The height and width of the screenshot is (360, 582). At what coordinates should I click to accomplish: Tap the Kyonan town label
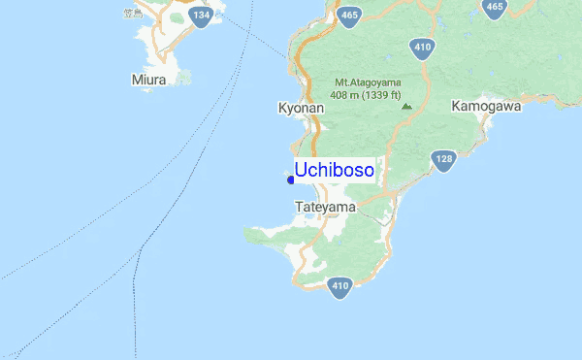(300, 109)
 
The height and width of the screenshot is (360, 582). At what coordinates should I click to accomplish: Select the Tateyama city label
(324, 208)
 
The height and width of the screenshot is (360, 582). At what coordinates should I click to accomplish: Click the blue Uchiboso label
(335, 171)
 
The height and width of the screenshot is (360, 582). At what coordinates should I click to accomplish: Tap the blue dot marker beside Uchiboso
(291, 180)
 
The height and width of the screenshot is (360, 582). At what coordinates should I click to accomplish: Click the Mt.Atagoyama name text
(368, 82)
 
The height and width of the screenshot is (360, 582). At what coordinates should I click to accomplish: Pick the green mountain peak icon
(406, 106)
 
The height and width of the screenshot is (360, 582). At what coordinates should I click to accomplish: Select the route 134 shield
(201, 16)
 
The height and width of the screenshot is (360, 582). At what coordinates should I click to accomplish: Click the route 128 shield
(444, 160)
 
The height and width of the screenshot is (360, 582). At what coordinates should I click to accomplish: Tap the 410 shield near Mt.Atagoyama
(421, 46)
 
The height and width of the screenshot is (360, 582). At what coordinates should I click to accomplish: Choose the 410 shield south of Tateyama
(339, 286)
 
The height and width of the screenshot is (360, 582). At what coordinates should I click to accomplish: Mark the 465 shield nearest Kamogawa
(495, 7)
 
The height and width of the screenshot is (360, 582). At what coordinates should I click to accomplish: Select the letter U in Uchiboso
(301, 171)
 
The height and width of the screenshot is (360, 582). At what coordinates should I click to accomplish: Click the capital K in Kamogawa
(456, 106)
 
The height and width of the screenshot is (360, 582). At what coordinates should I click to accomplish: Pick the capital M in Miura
(135, 79)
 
